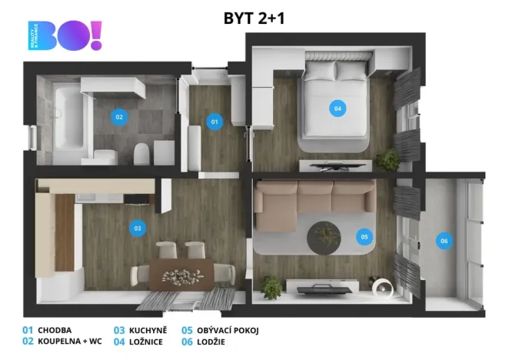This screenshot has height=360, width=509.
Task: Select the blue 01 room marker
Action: pyautogui.click(x=215, y=121)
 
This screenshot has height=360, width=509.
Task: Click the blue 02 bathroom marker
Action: pyautogui.click(x=118, y=117)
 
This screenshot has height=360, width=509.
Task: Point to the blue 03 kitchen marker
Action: pyautogui.click(x=138, y=228)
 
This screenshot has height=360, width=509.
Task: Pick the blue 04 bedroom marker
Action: pyautogui.click(x=337, y=108)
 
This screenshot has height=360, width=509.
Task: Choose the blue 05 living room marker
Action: pyautogui.click(x=364, y=237)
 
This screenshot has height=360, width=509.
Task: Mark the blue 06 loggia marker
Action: pyautogui.click(x=444, y=241)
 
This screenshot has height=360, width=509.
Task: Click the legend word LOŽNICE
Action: pyautogui.click(x=145, y=342)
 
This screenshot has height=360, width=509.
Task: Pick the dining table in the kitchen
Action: pyautogui.click(x=181, y=273)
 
